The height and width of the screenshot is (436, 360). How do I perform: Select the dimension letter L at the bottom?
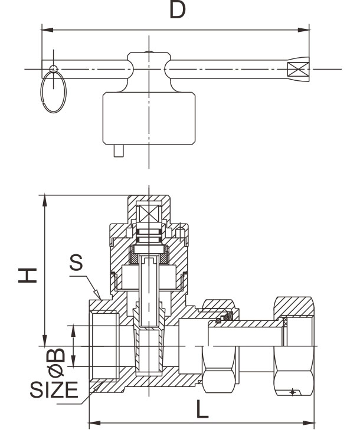tap(202, 409)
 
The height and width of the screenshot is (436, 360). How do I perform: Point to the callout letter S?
tap(76, 264)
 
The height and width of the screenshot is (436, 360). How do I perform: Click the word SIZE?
tap(54, 390)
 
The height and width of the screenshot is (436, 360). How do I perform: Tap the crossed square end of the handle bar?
tap(298, 69)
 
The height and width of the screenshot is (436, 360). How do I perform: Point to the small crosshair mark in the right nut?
tap(292, 392)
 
